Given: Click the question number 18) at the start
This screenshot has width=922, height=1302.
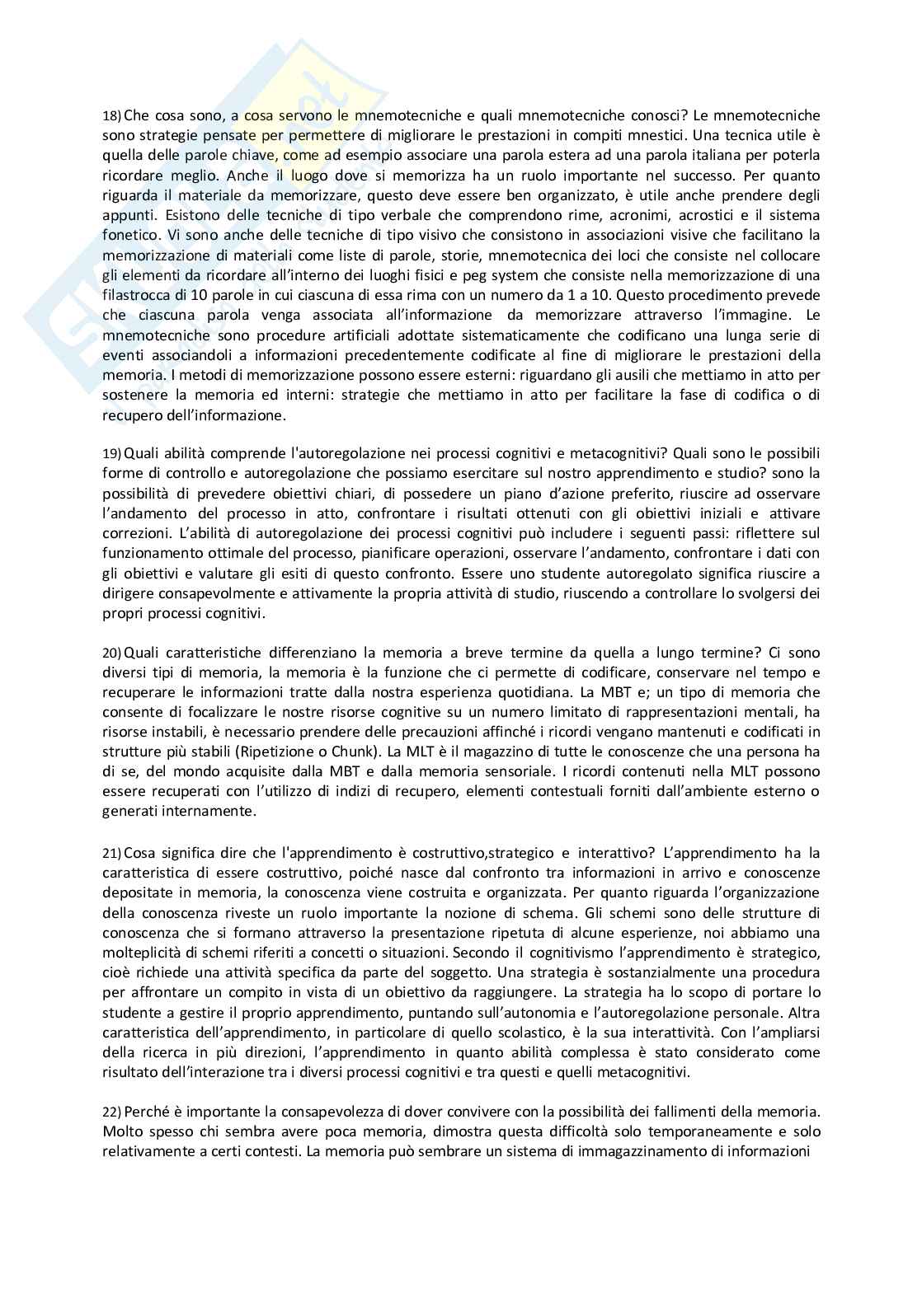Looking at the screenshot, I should [111, 115].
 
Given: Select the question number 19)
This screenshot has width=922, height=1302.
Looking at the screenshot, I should [111, 454].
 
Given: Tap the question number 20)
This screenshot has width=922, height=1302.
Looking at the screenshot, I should [111, 653].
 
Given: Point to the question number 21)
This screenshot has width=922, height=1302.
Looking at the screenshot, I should [111, 853].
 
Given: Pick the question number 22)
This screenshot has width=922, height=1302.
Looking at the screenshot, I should [111, 1111].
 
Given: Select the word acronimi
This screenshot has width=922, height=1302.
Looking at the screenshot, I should [638, 215].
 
